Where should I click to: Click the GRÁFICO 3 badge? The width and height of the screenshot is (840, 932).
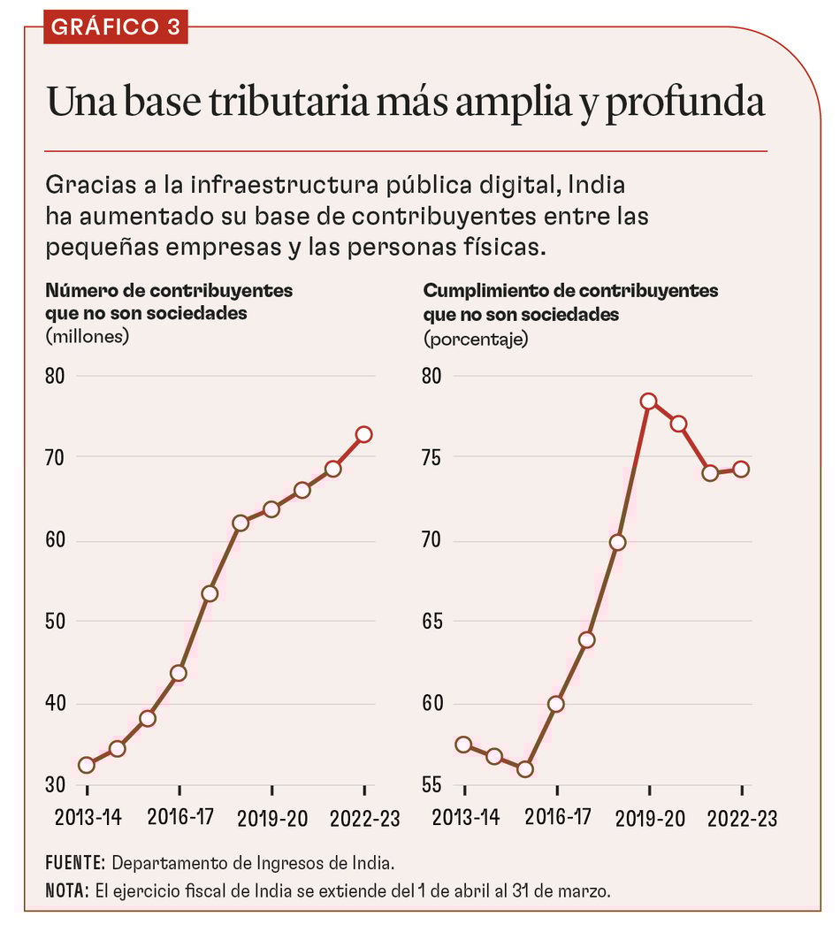point(115,27)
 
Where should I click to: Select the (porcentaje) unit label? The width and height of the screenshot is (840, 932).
point(476,339)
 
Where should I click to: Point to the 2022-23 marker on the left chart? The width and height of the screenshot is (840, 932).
point(364,434)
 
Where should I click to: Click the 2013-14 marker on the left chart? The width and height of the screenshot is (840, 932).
point(86,765)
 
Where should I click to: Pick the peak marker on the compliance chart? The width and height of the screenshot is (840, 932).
point(648,401)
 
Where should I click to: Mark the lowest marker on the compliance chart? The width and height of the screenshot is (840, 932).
point(525,769)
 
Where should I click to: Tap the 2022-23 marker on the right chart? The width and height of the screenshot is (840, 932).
point(741,469)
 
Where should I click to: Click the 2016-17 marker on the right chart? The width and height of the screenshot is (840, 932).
point(556,704)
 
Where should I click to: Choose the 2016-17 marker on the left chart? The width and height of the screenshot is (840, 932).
point(179,673)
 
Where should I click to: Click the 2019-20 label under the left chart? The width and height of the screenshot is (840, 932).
point(272,818)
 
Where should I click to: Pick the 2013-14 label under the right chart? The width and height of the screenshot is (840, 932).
point(465,818)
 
